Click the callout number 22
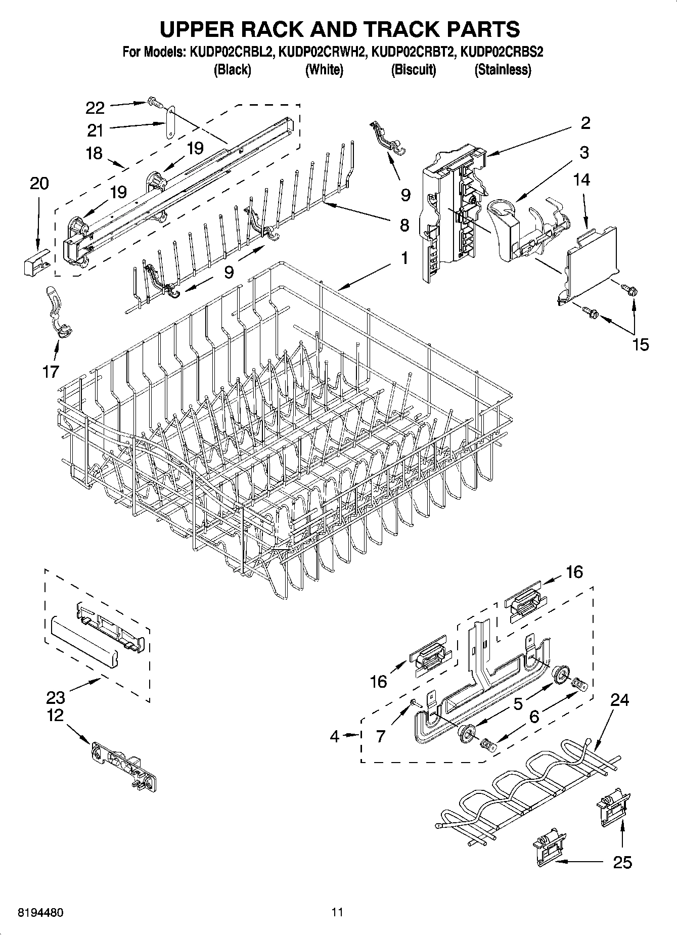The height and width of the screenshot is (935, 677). [95, 108]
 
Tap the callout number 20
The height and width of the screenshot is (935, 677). [39, 183]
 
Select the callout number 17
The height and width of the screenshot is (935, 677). [51, 372]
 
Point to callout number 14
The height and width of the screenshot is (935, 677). [582, 180]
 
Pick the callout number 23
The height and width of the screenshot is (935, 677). [56, 698]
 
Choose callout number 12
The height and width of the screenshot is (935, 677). [56, 715]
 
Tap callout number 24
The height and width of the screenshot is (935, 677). [619, 700]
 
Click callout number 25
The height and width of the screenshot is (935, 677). [622, 862]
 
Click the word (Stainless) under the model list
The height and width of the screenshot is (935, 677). [503, 70]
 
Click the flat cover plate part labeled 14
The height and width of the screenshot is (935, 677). [592, 263]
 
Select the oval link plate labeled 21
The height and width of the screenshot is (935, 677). [171, 122]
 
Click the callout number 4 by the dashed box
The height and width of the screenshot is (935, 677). [335, 736]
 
